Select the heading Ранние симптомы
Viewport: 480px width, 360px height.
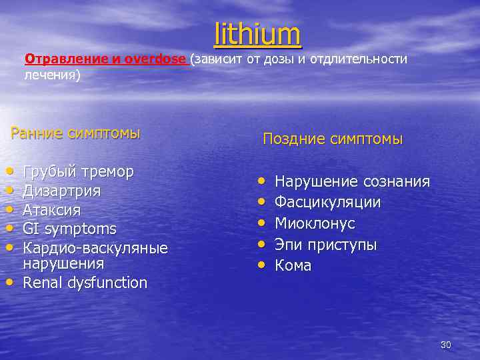click(75, 133)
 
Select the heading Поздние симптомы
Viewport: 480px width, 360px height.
click(333, 139)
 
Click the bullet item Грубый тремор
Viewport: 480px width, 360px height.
click(78, 171)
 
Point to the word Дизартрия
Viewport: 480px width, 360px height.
click(62, 191)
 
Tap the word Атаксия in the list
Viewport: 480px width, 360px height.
click(52, 210)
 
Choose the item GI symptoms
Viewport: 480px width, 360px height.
click(69, 229)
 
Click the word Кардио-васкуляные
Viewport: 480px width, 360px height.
click(95, 248)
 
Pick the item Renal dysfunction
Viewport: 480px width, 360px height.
click(85, 283)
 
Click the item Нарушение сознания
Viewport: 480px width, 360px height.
click(352, 181)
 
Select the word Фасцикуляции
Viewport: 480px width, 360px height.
click(328, 202)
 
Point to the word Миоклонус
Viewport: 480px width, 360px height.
click(315, 223)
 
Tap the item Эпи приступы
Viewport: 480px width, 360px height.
click(325, 245)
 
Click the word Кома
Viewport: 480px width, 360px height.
click(293, 265)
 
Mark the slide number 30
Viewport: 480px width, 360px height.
click(446, 345)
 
